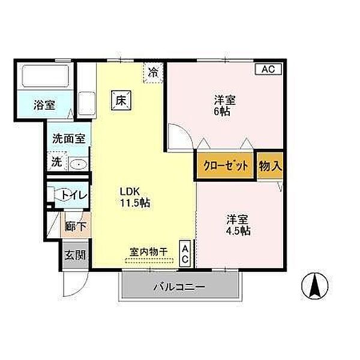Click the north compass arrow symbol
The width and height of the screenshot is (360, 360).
[315, 286]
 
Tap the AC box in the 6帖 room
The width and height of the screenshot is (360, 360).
[268, 69]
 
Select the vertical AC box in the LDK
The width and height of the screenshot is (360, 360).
[185, 253]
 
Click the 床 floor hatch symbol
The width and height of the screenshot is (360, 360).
[121, 100]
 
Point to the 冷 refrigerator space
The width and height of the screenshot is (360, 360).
[153, 73]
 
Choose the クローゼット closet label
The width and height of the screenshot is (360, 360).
[226, 166]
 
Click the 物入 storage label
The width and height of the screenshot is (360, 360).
[270, 166]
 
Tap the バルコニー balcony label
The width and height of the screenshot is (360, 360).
[179, 287]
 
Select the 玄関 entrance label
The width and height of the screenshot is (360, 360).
[75, 255]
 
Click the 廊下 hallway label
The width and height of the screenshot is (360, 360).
[76, 226]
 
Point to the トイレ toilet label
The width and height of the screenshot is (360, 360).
[74, 196]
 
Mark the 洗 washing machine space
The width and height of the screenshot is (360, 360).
[57, 161]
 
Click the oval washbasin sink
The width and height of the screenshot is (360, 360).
[79, 164]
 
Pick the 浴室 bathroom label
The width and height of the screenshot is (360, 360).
[44, 105]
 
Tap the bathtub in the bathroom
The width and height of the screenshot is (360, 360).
[46, 76]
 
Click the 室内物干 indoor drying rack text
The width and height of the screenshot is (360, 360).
[149, 252]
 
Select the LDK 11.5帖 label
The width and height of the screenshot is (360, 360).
[135, 197]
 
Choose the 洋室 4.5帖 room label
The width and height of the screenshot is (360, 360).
[238, 225]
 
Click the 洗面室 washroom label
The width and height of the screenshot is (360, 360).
[69, 139]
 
